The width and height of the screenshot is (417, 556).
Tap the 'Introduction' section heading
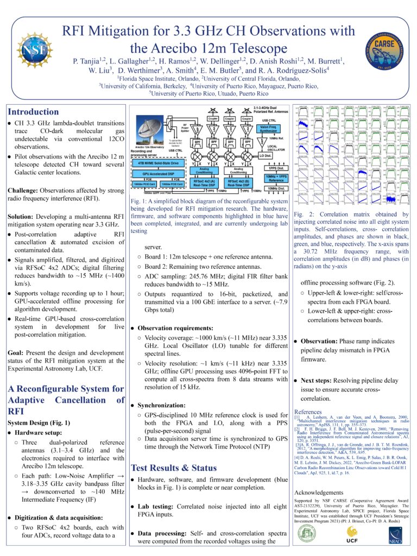[34, 112]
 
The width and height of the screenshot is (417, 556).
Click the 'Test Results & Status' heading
[174, 467]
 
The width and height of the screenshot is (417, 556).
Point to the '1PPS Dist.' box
[277, 169]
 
